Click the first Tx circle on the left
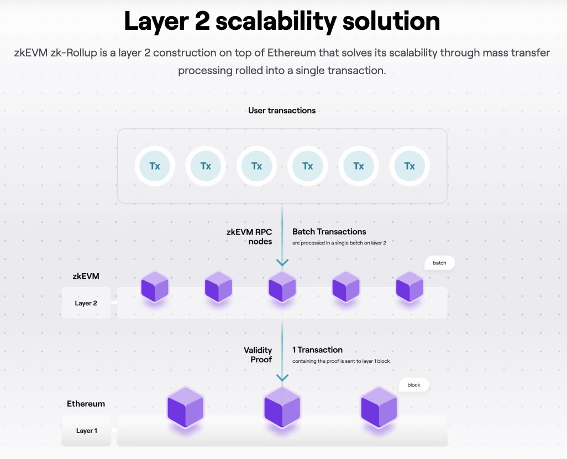(x=155, y=166)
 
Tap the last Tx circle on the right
(x=410, y=166)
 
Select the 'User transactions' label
(x=282, y=111)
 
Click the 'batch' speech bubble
(x=439, y=263)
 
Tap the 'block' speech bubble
(x=414, y=385)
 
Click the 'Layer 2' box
(x=86, y=303)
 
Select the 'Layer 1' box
(x=87, y=430)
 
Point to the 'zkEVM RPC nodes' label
(x=249, y=237)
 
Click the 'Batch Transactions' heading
(x=329, y=232)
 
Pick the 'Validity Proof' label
(x=258, y=354)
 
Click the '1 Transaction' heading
(x=318, y=350)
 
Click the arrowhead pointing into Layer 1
(x=282, y=377)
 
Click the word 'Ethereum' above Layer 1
(x=86, y=404)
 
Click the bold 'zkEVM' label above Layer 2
(x=86, y=276)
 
